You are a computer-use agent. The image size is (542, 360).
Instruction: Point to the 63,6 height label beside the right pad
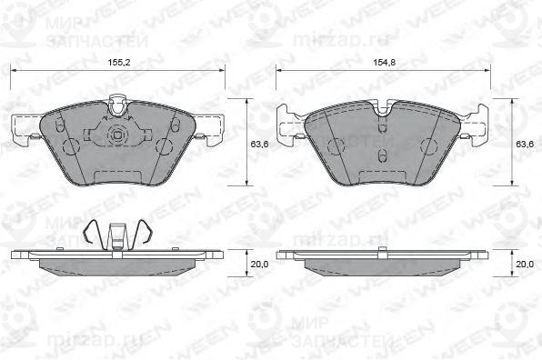coord(525,143)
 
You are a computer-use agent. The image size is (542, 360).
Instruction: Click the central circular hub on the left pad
coord(116,137)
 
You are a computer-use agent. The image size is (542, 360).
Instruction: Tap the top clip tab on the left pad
coord(116,105)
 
